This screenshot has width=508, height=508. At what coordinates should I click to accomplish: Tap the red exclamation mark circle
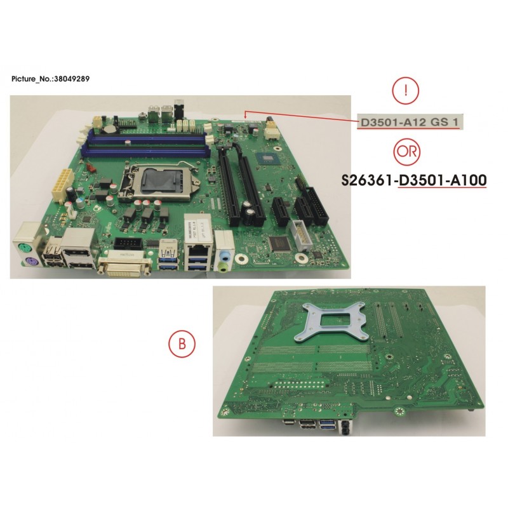pos(406,91)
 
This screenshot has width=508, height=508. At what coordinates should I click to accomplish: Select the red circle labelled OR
pos(407,152)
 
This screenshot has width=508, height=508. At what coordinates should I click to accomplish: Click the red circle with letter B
pos(182,344)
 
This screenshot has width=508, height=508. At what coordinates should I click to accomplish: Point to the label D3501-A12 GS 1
pos(410,122)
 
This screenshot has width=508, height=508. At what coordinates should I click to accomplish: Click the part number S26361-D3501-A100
pos(414,180)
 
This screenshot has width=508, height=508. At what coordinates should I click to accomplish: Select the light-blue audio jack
pos(224,256)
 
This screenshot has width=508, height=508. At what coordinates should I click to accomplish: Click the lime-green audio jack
pos(222,267)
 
